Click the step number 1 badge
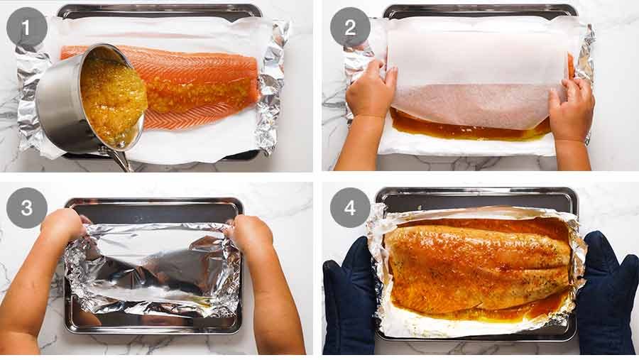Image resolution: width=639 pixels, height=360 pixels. pyautogui.click(x=27, y=28)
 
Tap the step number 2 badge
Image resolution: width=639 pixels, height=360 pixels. pyautogui.click(x=350, y=28)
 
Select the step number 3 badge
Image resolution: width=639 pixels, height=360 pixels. pyautogui.click(x=27, y=208)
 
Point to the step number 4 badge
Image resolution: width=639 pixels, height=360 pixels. pyautogui.click(x=350, y=208)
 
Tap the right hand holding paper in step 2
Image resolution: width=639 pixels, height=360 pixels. pyautogui.click(x=572, y=110)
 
